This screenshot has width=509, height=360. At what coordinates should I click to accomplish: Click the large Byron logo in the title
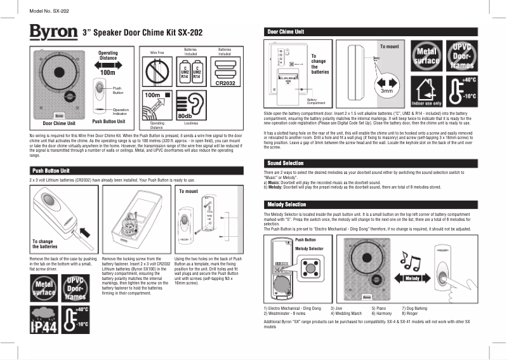[x=53, y=32]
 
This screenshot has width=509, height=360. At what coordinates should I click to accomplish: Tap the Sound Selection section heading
[x=284, y=163]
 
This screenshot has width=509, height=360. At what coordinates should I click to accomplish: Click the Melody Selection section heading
[x=286, y=204]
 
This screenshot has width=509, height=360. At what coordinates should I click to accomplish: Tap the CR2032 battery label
[x=225, y=83]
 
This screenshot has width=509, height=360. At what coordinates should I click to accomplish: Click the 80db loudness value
[x=185, y=116]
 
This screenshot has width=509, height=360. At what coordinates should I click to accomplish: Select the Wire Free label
[x=157, y=51]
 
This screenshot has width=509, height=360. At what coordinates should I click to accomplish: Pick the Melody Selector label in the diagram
[x=310, y=249]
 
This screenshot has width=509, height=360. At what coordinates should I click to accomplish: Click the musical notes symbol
[x=411, y=257]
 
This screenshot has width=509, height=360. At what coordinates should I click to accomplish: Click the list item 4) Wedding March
[x=346, y=313]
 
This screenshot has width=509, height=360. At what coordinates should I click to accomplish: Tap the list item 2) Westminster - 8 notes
[x=284, y=313]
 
